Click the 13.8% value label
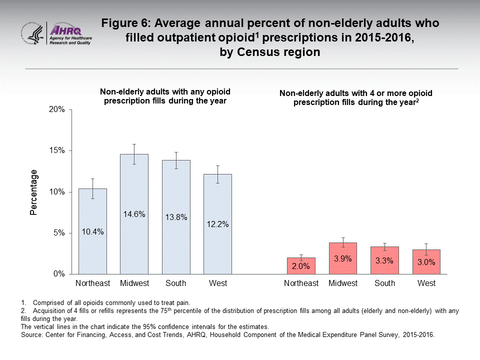176,217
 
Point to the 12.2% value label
218,224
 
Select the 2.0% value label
301,266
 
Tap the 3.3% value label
384,260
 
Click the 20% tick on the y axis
56,110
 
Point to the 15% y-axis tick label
56,151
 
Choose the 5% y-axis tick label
58,233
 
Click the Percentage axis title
33,192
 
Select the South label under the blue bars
176,283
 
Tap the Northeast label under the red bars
301,283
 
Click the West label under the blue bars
218,283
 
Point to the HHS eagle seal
32,34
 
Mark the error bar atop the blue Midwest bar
134,154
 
